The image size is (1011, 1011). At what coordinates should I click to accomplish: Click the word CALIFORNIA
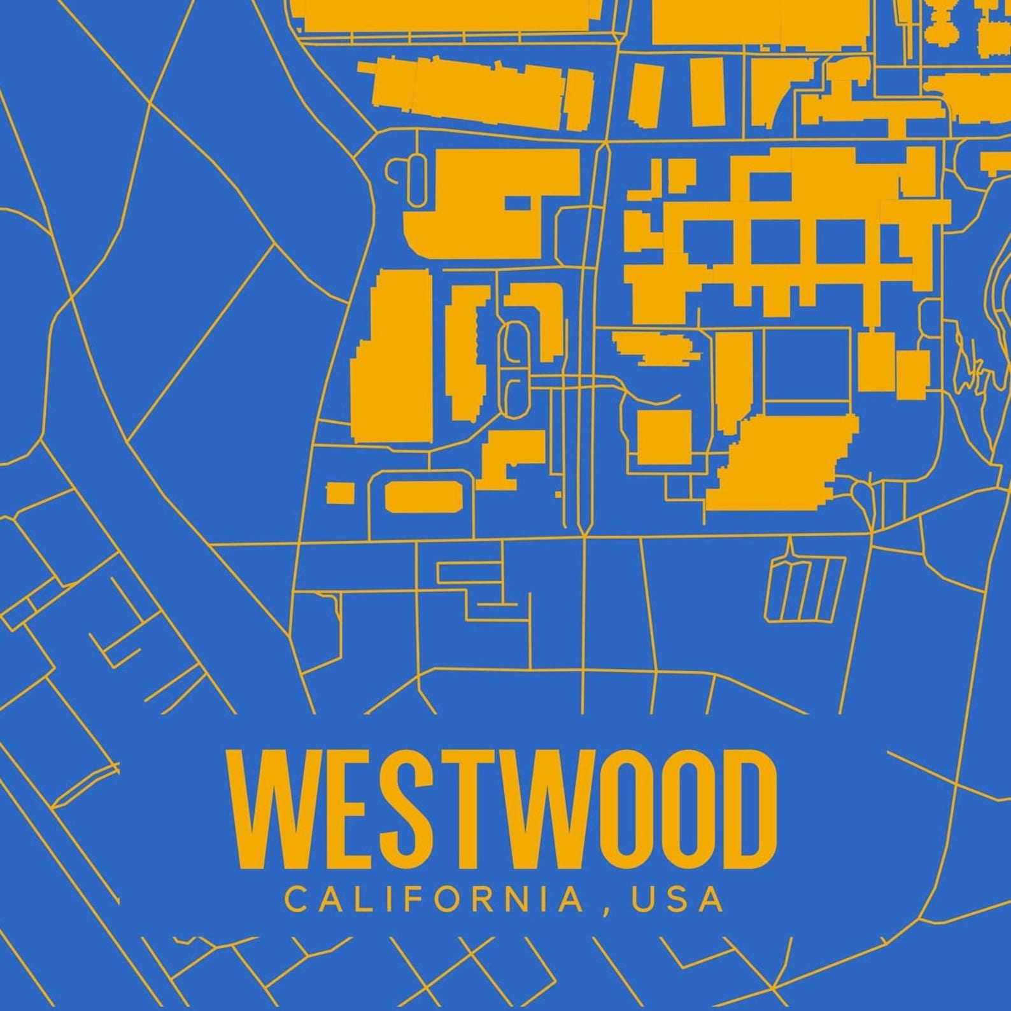tap(434, 899)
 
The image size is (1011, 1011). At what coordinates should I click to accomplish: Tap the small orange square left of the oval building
tap(340, 493)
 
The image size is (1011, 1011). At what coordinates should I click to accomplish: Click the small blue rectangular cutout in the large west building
tap(518, 203)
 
